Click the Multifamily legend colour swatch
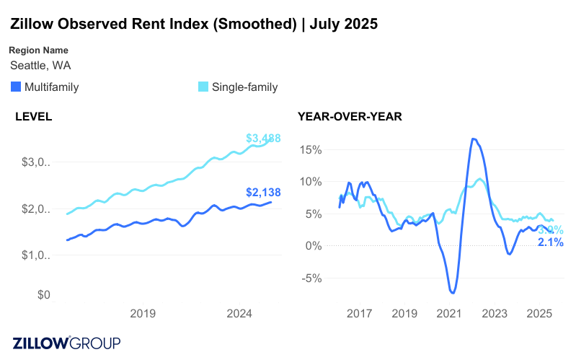16,87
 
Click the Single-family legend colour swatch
203,87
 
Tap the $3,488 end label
263,138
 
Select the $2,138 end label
263,193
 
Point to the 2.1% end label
551,242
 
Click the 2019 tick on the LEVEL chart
143,313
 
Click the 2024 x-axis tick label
239,313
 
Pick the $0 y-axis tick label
43,295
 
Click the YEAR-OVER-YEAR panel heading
350,115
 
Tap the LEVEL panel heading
33,115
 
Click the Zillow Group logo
66,343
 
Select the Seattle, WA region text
40,66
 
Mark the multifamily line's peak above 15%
474,139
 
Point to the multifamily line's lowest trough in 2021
453,292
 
